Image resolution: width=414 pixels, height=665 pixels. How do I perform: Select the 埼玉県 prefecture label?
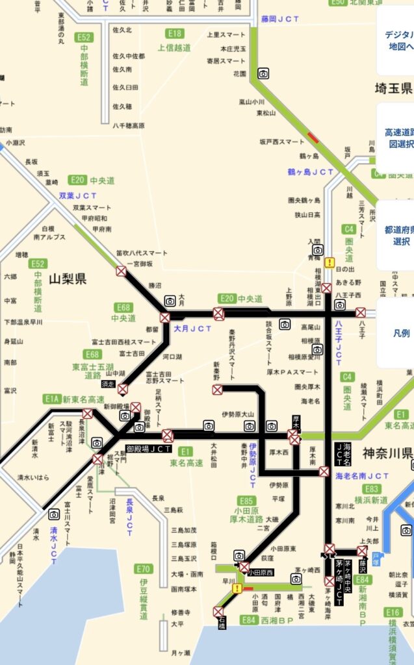[x=393, y=89]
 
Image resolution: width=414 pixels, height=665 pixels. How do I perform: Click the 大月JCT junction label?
[x=193, y=329]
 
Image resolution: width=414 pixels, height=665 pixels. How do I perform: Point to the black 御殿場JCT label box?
[x=148, y=448]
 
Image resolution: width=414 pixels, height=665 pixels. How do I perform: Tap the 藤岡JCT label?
[x=280, y=19]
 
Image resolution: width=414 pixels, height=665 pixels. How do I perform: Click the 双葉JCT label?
[x=78, y=195]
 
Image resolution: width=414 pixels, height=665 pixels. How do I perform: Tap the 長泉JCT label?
[x=129, y=516]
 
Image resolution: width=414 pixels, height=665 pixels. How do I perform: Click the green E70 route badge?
[x=144, y=569]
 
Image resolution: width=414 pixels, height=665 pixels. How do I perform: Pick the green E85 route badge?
[x=246, y=501]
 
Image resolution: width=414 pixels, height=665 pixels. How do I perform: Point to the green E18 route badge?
[x=174, y=34]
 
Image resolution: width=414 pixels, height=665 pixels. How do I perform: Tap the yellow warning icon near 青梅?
[x=330, y=263]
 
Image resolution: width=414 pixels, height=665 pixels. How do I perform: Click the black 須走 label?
[x=108, y=384]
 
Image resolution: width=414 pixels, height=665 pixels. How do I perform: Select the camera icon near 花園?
[x=263, y=73]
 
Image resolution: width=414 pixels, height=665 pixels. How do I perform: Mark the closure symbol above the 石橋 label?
[x=218, y=611]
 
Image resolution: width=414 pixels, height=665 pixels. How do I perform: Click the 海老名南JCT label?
[x=362, y=476]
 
